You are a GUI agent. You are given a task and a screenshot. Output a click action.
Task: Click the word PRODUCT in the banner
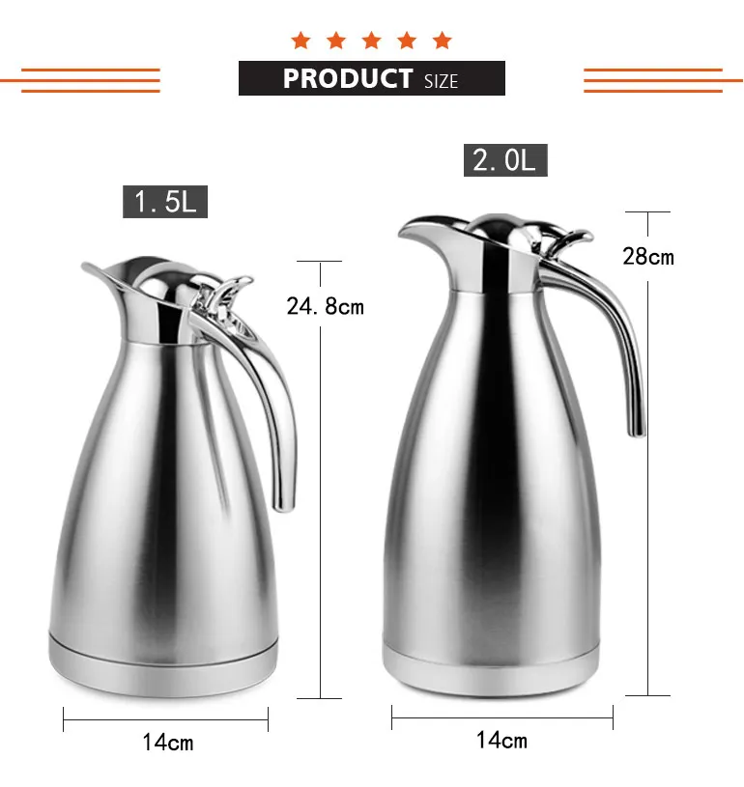(x=347, y=78)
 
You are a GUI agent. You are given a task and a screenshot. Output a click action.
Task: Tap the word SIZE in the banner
(x=441, y=81)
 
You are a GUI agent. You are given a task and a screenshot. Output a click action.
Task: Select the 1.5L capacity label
(x=165, y=202)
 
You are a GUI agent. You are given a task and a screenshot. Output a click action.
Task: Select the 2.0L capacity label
(x=504, y=160)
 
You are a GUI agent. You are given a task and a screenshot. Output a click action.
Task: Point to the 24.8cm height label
(x=326, y=307)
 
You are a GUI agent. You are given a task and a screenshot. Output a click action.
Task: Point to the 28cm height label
(x=647, y=257)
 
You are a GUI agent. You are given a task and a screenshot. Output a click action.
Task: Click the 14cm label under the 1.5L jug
(x=167, y=742)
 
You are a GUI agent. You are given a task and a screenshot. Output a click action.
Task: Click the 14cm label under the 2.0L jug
(x=501, y=741)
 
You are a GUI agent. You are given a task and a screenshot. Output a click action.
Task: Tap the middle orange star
(x=371, y=41)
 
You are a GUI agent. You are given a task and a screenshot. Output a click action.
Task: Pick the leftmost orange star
(x=300, y=41)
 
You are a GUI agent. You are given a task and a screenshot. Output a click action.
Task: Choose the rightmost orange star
(x=442, y=41)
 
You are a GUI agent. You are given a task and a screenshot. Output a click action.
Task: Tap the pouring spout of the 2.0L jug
(x=415, y=230)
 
